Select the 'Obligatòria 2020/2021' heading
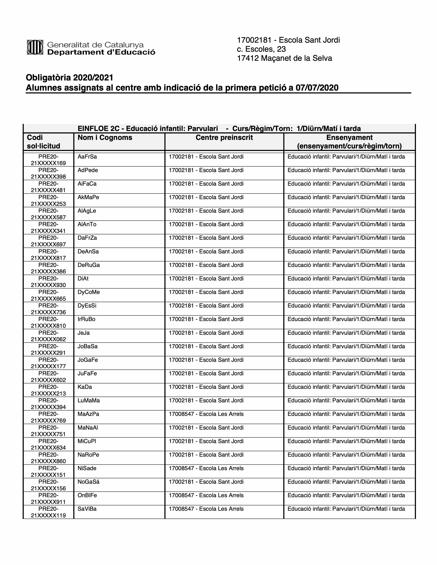coord(69,78)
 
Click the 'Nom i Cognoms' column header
coord(105,138)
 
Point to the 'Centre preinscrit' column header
coord(224,138)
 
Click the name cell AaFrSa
coord(87,157)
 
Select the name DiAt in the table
coord(83,279)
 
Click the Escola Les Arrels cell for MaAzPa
coord(206,414)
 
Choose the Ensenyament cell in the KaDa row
coord(346,387)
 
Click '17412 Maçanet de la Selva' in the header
coord(284,58)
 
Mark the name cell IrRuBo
coord(87,319)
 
